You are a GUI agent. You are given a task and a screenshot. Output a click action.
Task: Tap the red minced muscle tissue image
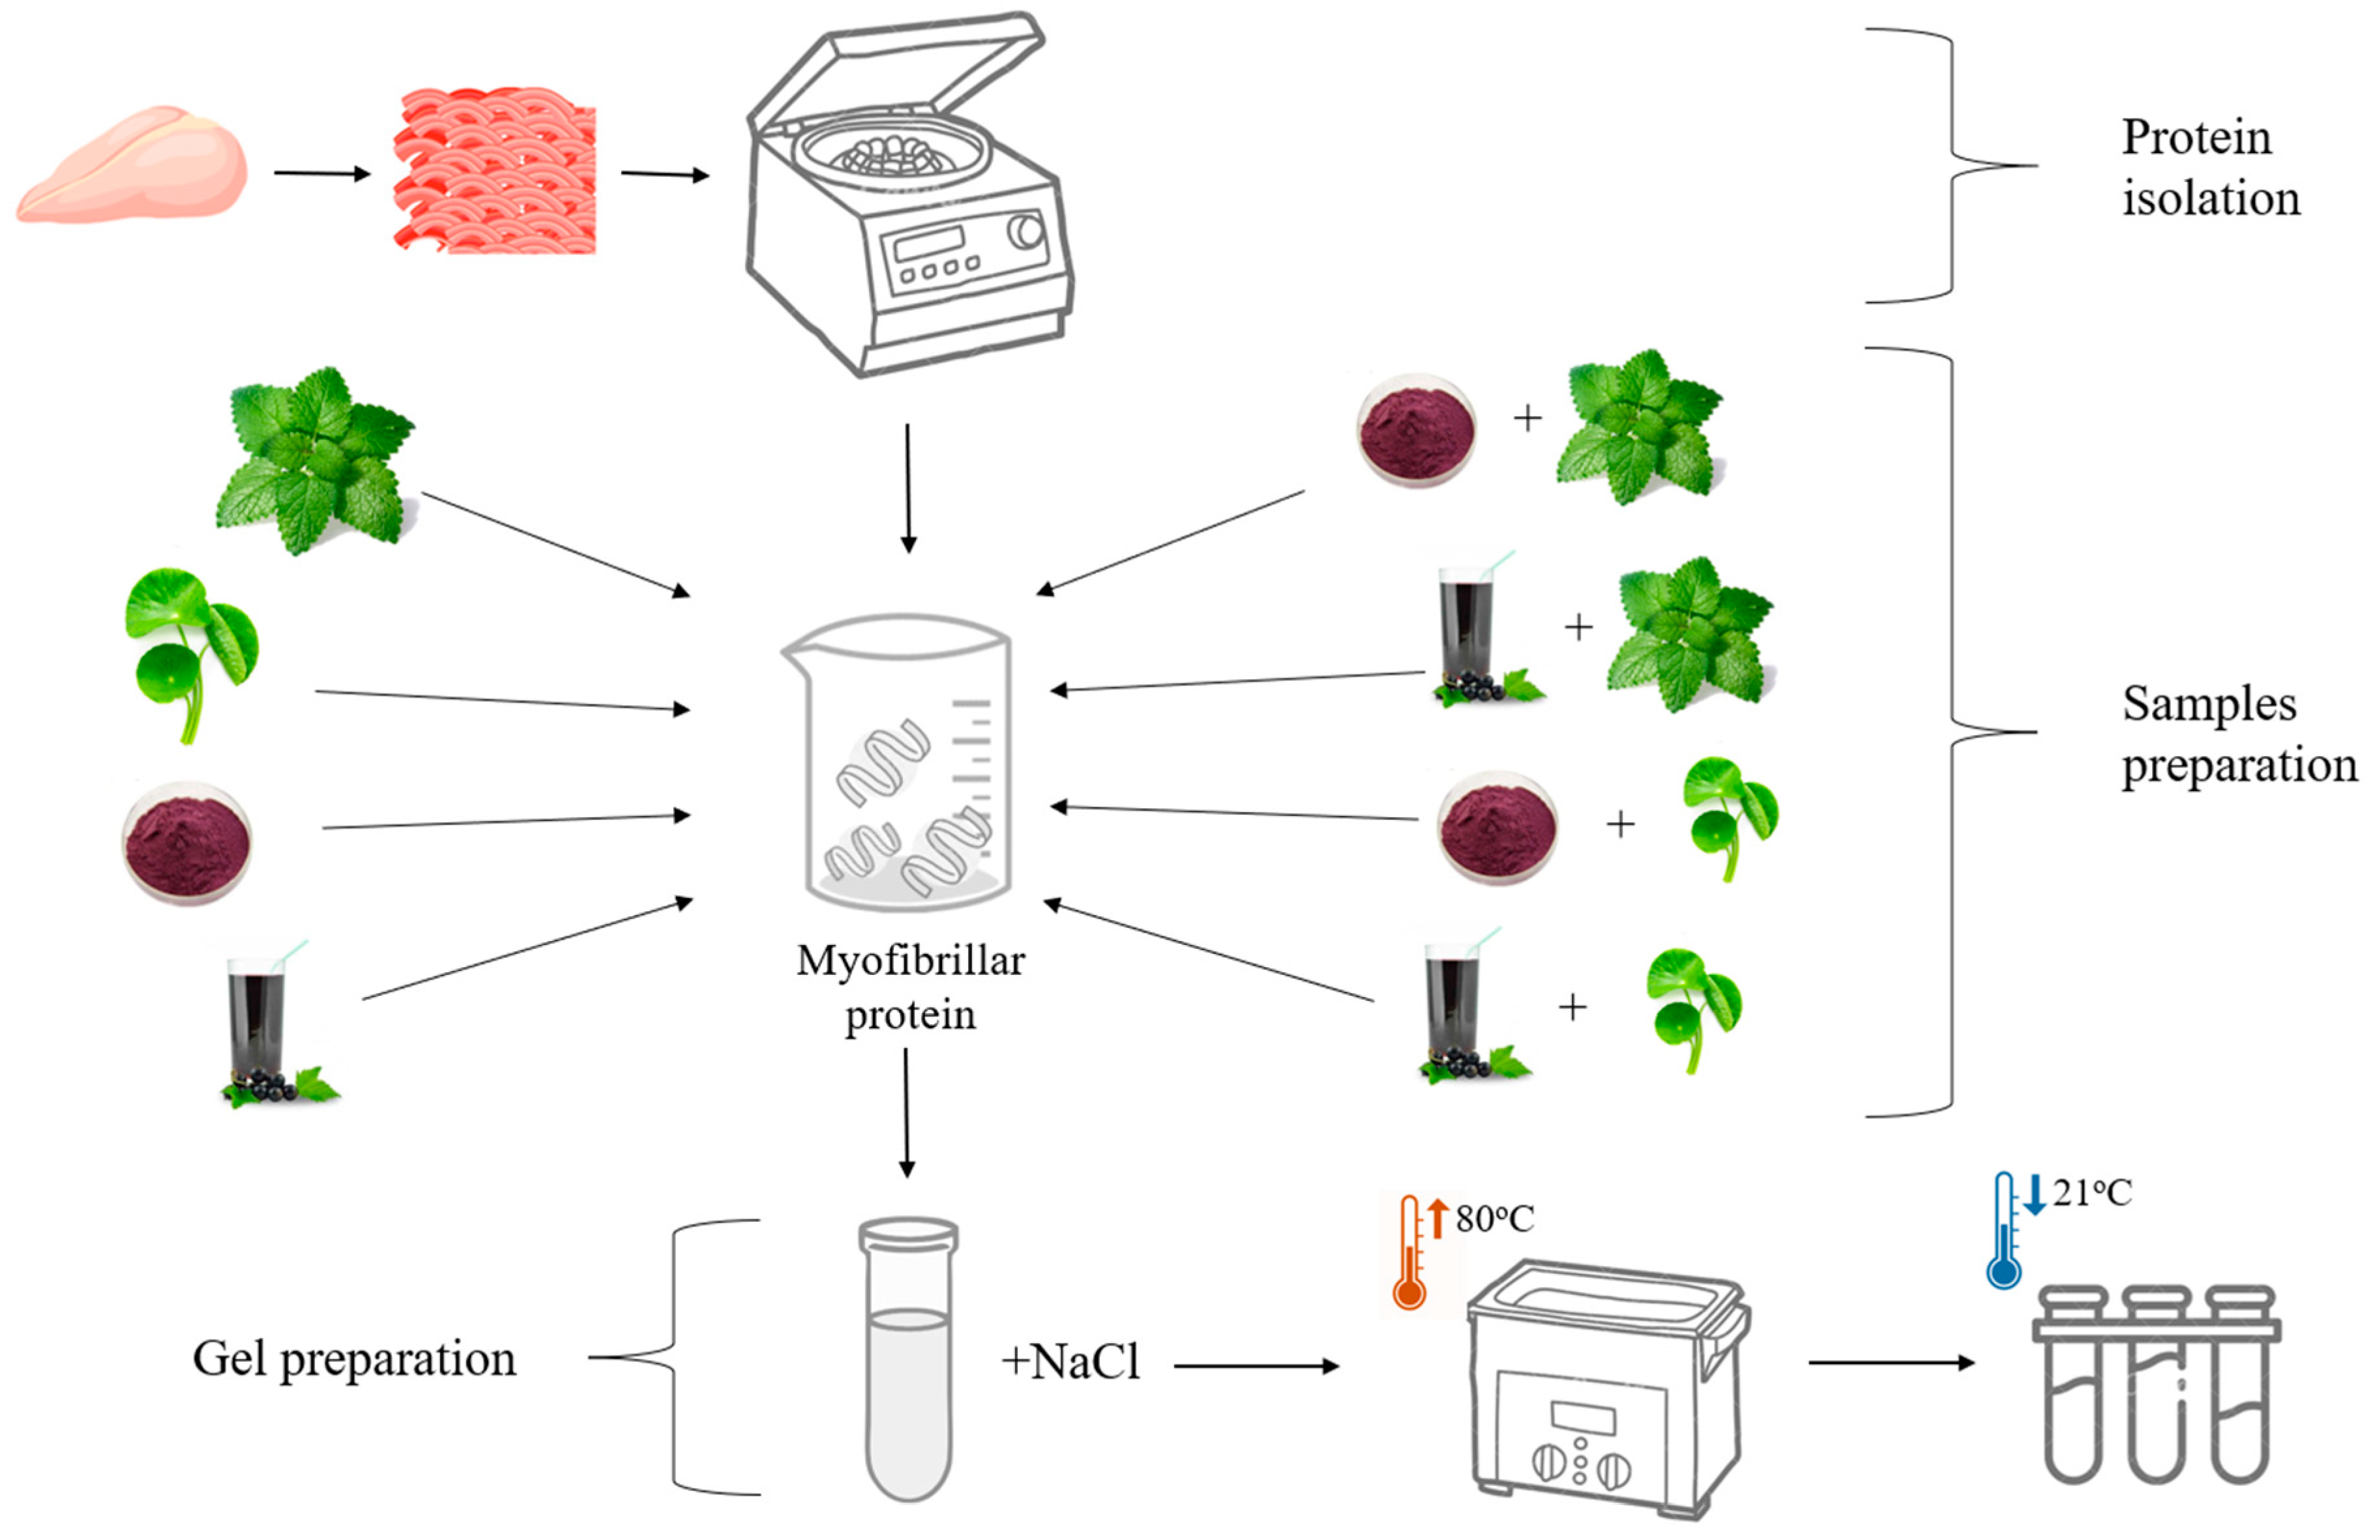[x=495, y=171]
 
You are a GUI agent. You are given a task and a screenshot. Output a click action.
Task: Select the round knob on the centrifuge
[x=1025, y=231]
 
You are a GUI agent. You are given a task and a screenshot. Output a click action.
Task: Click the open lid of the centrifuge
[x=896, y=80]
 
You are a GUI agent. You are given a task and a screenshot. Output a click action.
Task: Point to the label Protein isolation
[x=2209, y=167]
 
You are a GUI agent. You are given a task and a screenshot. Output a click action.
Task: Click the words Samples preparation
[x=2237, y=735]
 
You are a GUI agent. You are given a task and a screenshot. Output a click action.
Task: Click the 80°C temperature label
[x=1494, y=1218]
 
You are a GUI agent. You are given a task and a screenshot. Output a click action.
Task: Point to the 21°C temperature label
[x=2091, y=1193]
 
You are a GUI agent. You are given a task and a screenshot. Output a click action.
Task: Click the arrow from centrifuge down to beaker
[x=907, y=488]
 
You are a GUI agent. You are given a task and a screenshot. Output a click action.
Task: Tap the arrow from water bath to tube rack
[x=1890, y=1363]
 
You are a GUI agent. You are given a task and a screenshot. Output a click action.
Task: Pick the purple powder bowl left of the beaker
[x=187, y=842]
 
